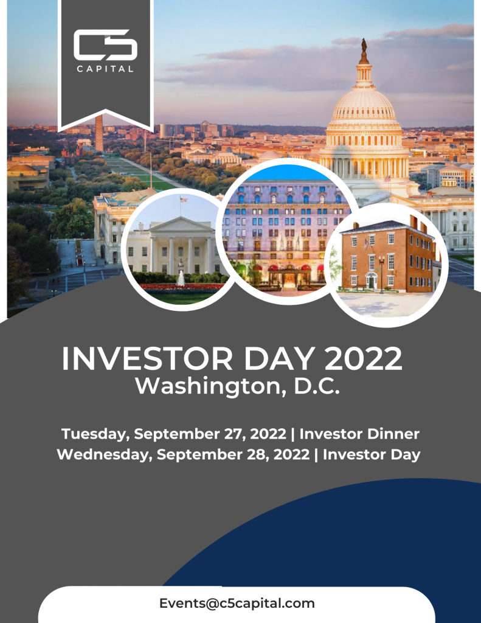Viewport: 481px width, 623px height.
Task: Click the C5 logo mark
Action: [x=105, y=45]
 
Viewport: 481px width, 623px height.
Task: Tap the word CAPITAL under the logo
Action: [x=105, y=69]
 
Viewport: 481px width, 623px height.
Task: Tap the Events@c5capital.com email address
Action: [x=237, y=603]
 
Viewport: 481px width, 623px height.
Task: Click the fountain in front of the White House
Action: [x=181, y=278]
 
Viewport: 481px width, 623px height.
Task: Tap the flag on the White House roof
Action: [x=183, y=200]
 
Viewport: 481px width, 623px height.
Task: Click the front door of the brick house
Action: [x=372, y=281]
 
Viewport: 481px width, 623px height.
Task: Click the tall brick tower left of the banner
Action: [x=99, y=133]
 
